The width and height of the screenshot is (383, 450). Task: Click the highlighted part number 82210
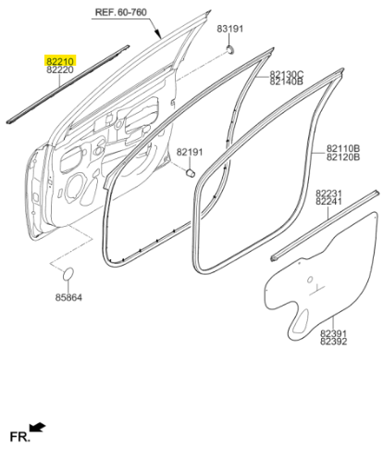tap(60, 61)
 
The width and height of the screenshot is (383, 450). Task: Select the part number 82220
tap(60, 69)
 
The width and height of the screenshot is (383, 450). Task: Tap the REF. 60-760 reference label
tap(121, 12)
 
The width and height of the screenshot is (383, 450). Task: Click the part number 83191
tap(230, 29)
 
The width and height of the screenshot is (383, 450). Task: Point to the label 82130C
tap(287, 74)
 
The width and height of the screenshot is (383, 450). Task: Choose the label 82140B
tap(287, 81)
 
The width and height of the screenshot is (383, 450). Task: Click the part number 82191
tap(190, 152)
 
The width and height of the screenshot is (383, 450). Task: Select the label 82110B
tap(343, 148)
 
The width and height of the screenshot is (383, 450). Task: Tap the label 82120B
tap(343, 157)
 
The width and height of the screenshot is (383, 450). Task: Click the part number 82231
tap(328, 194)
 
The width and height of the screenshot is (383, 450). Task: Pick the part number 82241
tap(328, 202)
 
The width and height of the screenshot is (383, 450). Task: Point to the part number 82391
tap(333, 333)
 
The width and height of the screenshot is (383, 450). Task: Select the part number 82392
tap(333, 342)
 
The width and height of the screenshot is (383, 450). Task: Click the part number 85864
tap(68, 297)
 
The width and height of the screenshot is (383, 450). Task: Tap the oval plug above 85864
tap(68, 274)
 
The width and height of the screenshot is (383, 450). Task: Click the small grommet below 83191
tap(229, 49)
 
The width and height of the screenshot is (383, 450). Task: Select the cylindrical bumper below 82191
tap(191, 173)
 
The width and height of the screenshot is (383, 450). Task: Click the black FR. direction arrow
tap(37, 428)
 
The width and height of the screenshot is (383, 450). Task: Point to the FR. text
tap(20, 436)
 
